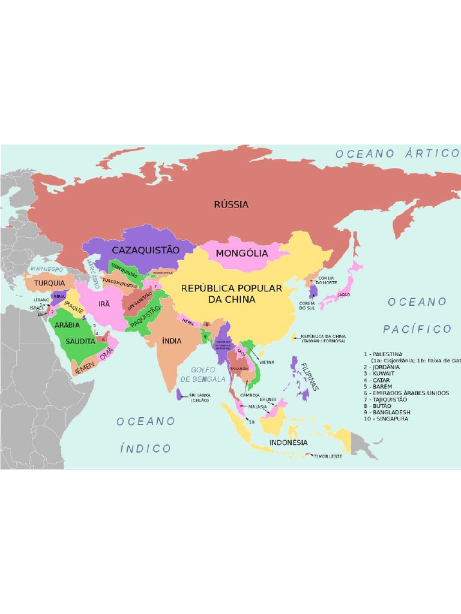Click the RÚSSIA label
tap(231, 204)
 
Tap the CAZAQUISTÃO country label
tap(145, 249)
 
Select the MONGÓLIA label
tap(242, 253)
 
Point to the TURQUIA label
tap(49, 283)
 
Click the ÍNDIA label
tap(172, 341)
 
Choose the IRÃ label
tap(104, 304)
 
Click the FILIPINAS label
tap(310, 377)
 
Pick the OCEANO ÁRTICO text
tap(397, 153)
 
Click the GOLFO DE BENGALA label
tap(203, 375)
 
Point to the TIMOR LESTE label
tap(328, 456)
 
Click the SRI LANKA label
tap(200, 395)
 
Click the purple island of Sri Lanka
tap(179, 395)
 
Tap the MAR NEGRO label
tap(46, 270)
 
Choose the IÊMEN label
tap(85, 364)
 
